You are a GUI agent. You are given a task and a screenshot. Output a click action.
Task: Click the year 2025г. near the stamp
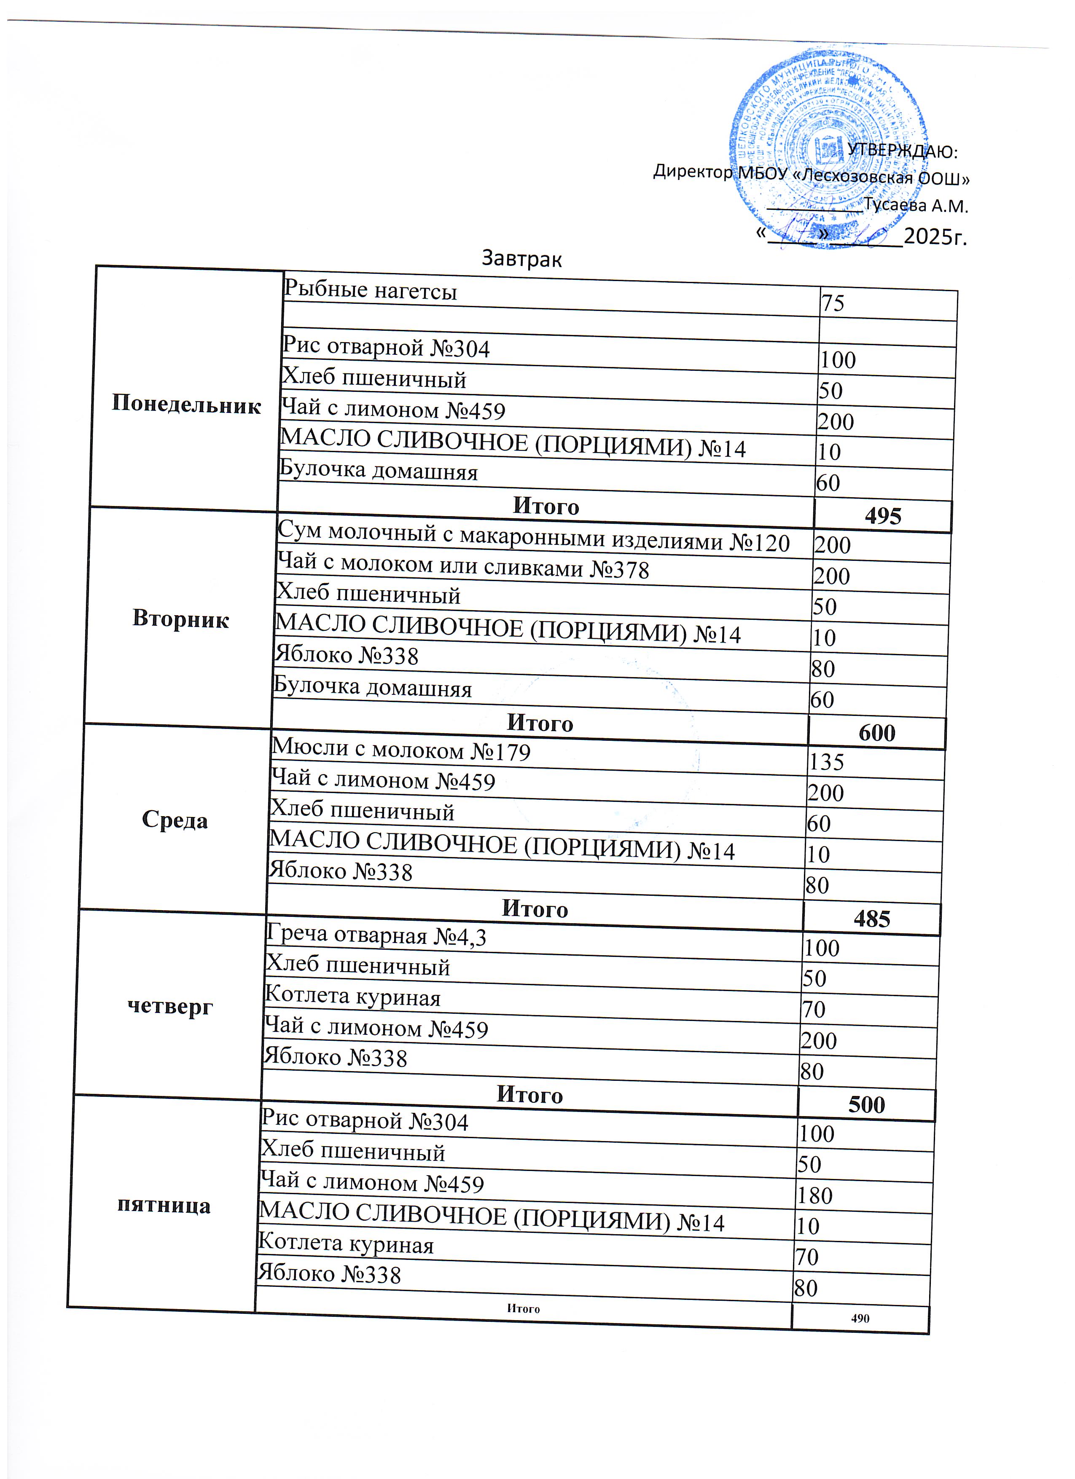pos(935,236)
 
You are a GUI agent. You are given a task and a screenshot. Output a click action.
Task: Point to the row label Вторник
pos(181,618)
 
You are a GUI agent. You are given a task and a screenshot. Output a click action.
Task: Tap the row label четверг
pos(170,1006)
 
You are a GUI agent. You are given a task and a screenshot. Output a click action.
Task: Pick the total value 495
pos(883,516)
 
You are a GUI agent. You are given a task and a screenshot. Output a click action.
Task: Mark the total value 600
pos(877,733)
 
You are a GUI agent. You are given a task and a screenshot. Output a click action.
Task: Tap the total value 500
pos(866,1105)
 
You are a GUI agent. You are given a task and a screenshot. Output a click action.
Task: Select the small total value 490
pos(860,1318)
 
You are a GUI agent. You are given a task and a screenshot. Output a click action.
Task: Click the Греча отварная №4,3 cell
pos(376,936)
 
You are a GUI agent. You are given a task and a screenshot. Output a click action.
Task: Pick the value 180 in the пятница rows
pos(815,1195)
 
